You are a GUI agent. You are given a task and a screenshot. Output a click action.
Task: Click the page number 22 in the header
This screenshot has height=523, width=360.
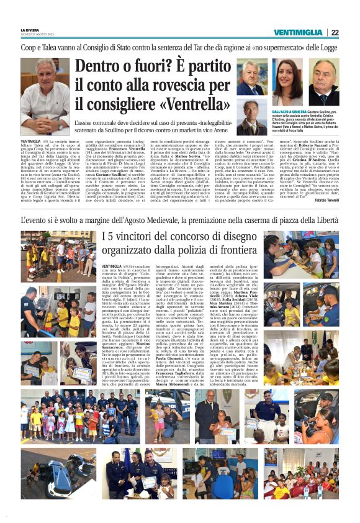(x=335, y=32)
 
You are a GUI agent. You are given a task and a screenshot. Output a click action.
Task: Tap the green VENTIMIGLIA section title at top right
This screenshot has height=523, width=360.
(x=300, y=32)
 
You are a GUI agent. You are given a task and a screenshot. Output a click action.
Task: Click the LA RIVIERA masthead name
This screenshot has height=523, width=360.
(x=32, y=30)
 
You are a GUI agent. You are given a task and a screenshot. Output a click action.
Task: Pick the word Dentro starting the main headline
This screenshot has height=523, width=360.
(x=101, y=65)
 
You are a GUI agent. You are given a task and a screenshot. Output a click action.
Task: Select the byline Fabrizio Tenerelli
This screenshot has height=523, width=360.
(x=325, y=199)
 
